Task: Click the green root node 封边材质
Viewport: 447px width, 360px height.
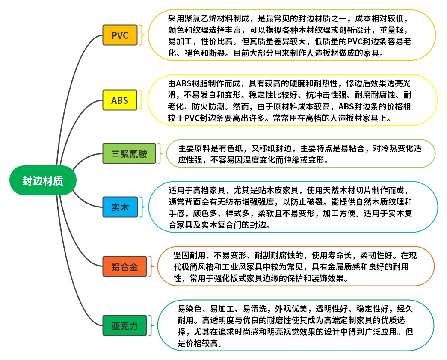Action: pyautogui.click(x=43, y=180)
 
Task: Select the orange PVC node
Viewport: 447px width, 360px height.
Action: pyautogui.click(x=120, y=35)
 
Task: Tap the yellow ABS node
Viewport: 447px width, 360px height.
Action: pyautogui.click(x=120, y=100)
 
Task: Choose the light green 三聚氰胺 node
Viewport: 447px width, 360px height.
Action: pyautogui.click(x=129, y=153)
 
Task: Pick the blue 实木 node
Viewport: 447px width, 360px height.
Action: pyautogui.click(x=120, y=207)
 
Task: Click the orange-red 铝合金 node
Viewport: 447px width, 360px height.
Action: pyautogui.click(x=124, y=266)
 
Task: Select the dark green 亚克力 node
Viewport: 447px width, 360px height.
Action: pyautogui.click(x=124, y=325)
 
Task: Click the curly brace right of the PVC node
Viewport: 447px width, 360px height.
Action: pyautogui.click(x=142, y=35)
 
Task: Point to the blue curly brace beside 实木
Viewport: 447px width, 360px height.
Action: pyautogui.click(x=142, y=207)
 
